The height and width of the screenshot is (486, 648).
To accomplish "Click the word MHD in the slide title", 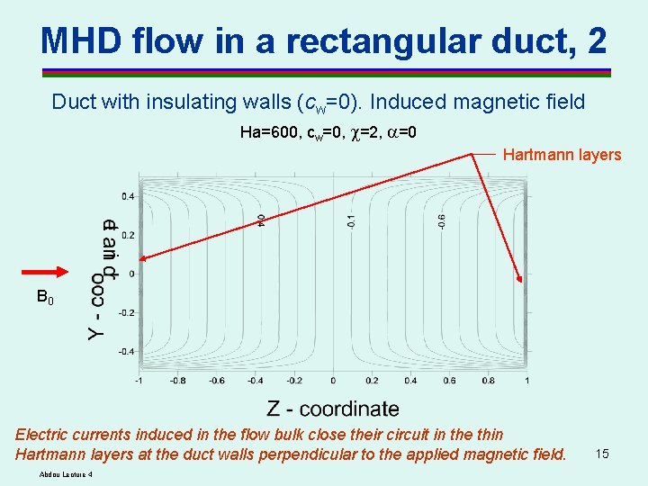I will pos(82,40).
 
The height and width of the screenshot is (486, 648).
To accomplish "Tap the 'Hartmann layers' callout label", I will pos(562,155).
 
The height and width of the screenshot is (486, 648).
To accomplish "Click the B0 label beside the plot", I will pos(45,296).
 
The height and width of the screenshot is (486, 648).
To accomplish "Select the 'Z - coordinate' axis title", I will pos(333,409).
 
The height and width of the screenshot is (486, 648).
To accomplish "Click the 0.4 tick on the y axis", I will pos(129,195).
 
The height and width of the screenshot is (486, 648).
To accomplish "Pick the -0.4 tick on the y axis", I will pos(127,351).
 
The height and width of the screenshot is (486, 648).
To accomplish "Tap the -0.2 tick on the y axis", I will pos(127,312).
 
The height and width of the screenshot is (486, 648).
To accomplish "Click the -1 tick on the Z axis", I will pos(138,380).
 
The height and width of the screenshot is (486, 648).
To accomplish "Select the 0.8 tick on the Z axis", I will pos(489,380).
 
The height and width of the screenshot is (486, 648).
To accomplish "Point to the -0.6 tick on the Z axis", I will pos(216,380).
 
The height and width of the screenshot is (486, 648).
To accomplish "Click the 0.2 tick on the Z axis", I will pos(372,380).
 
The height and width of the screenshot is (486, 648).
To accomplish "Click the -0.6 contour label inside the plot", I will pos(441,220).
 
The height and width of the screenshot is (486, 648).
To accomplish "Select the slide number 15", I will pos(602,454).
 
